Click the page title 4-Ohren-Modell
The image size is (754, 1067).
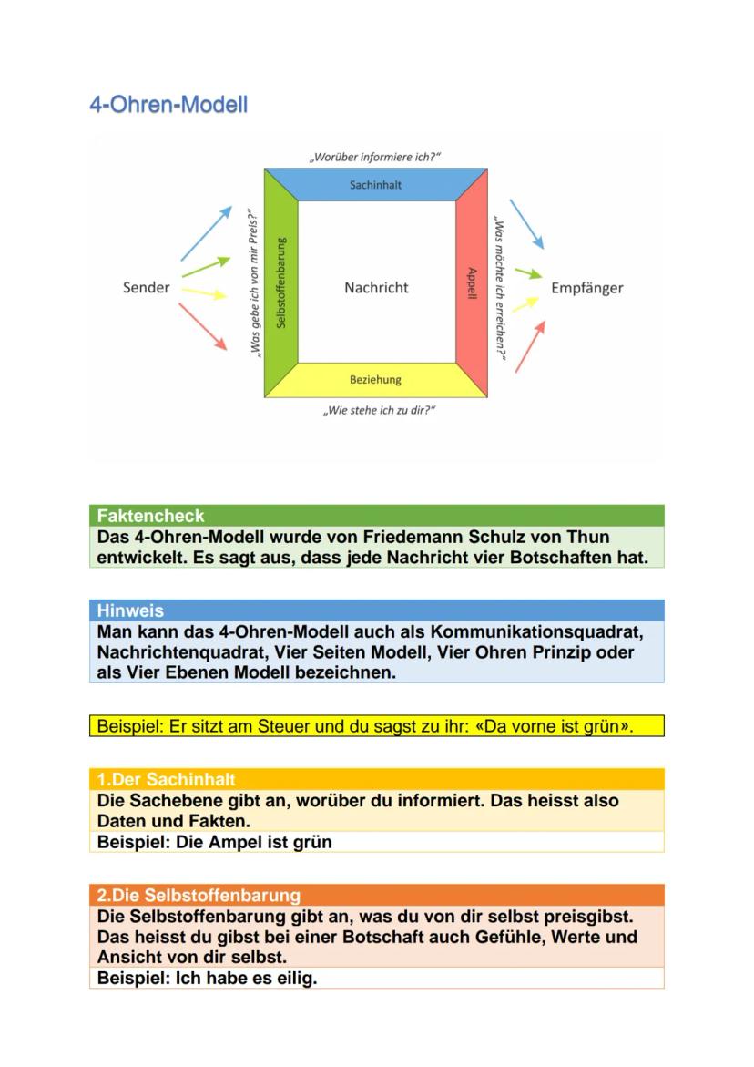click(168, 105)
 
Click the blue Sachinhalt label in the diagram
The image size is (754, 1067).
click(375, 185)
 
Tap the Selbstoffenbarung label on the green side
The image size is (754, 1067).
click(281, 283)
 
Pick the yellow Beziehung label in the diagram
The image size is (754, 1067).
click(375, 380)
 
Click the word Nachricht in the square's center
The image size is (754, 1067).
click(376, 288)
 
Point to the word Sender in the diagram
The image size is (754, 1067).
click(146, 288)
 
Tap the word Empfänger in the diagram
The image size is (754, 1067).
click(587, 288)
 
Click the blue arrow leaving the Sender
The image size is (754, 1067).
click(207, 232)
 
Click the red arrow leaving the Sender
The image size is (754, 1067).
click(204, 326)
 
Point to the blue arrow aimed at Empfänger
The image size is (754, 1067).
click(526, 223)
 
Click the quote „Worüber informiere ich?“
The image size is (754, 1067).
click(375, 157)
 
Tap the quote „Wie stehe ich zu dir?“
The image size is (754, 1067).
click(379, 411)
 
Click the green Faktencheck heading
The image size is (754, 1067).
click(151, 516)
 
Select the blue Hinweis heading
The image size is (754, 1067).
click(129, 610)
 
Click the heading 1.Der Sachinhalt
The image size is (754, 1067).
click(164, 779)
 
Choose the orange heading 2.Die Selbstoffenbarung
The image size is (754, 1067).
click(199, 895)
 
